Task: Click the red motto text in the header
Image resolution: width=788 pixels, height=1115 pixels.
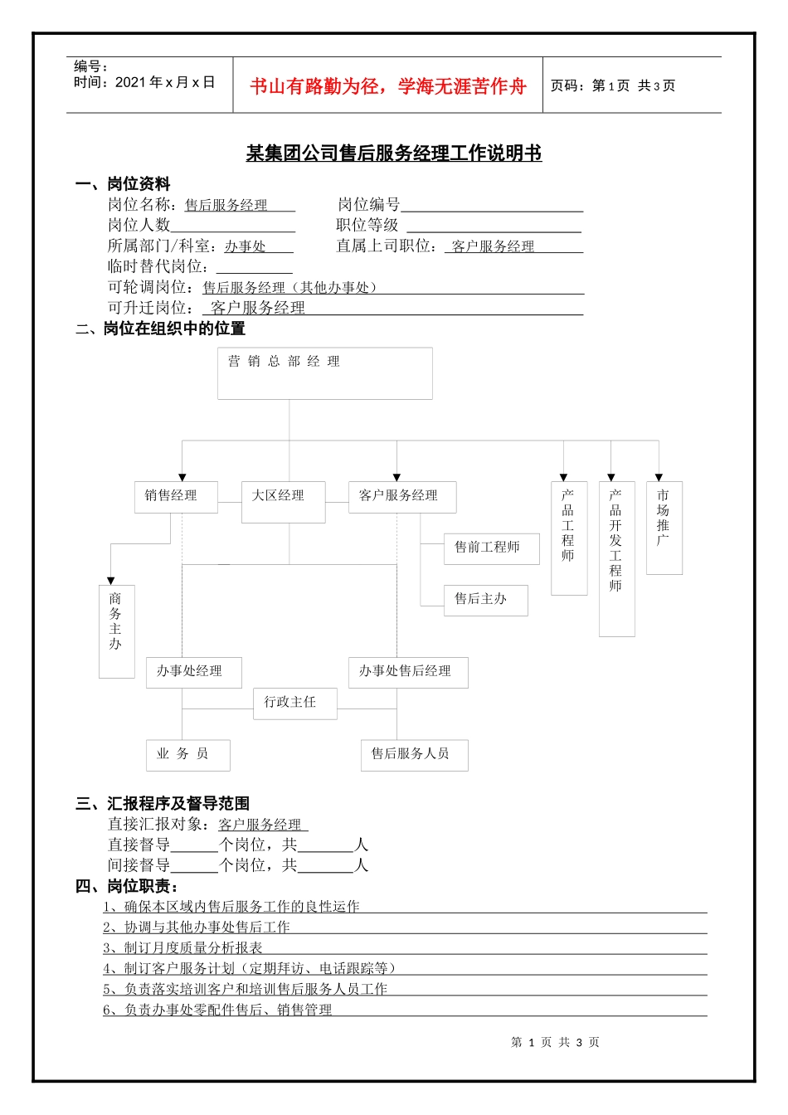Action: click(x=387, y=86)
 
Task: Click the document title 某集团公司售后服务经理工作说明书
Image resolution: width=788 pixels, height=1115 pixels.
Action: click(x=394, y=153)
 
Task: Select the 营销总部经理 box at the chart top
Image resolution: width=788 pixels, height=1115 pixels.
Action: click(x=325, y=373)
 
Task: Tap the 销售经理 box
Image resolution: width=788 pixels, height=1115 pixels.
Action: click(x=176, y=497)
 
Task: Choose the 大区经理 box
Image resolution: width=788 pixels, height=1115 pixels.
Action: click(x=283, y=502)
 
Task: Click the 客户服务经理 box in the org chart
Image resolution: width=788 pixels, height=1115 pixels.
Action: click(x=402, y=496)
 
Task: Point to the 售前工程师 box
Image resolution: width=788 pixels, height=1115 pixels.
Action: click(x=491, y=548)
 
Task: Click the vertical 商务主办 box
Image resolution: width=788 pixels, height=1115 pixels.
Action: click(x=116, y=631)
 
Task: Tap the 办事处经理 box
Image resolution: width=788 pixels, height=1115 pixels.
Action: click(x=193, y=672)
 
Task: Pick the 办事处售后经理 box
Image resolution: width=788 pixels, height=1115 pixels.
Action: click(x=408, y=672)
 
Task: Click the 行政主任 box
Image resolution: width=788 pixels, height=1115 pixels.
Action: click(x=294, y=704)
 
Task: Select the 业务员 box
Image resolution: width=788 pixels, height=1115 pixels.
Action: click(x=187, y=755)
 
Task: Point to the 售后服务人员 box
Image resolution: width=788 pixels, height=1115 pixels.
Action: click(x=414, y=755)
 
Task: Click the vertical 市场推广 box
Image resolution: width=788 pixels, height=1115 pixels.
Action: click(x=664, y=528)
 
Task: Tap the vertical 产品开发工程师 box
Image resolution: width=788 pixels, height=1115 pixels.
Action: click(x=616, y=558)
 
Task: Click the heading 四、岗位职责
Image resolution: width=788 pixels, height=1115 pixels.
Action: click(x=127, y=886)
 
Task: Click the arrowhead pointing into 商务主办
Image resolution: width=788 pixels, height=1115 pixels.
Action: click(x=111, y=581)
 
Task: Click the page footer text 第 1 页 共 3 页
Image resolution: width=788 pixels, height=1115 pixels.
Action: click(x=555, y=1042)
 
